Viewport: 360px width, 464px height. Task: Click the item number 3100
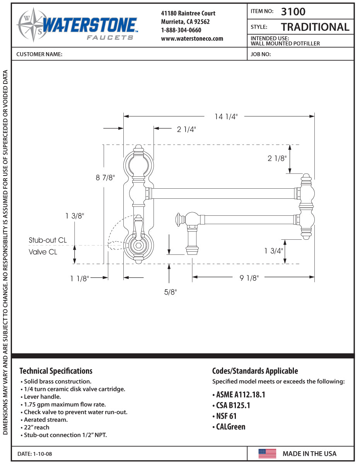(x=293, y=12)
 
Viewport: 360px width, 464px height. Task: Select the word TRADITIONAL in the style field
(x=315, y=27)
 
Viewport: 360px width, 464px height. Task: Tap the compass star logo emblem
(x=31, y=25)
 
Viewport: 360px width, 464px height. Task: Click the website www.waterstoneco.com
(x=192, y=38)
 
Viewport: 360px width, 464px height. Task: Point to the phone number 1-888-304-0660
(x=181, y=30)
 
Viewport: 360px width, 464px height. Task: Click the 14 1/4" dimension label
(x=226, y=116)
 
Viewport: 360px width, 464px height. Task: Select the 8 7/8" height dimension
(x=105, y=177)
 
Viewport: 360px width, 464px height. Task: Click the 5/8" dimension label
(x=170, y=292)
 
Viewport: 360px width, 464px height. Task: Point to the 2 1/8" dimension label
(x=277, y=158)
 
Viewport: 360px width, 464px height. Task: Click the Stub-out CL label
(x=48, y=240)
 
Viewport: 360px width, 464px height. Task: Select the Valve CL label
(x=43, y=252)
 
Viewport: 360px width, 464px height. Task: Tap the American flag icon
(x=267, y=453)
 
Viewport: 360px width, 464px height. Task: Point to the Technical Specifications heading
(x=56, y=371)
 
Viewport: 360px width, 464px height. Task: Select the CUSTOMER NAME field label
(x=39, y=55)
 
